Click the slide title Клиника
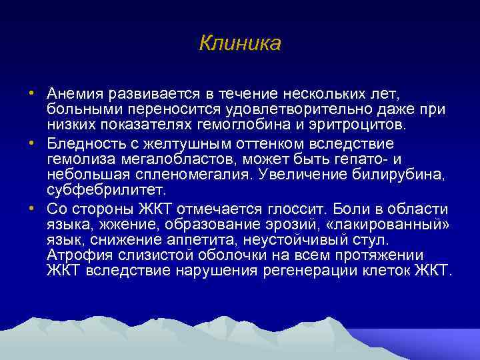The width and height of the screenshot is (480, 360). (x=240, y=43)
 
